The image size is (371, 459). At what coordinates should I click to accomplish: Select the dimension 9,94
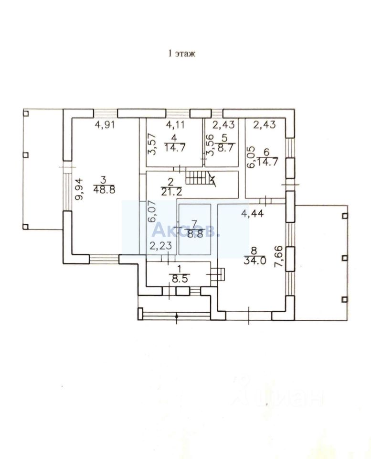pyautogui.click(x=80, y=188)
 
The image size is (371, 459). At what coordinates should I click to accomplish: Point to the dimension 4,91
pyautogui.click(x=106, y=125)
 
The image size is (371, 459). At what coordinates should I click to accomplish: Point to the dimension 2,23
pyautogui.click(x=159, y=247)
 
